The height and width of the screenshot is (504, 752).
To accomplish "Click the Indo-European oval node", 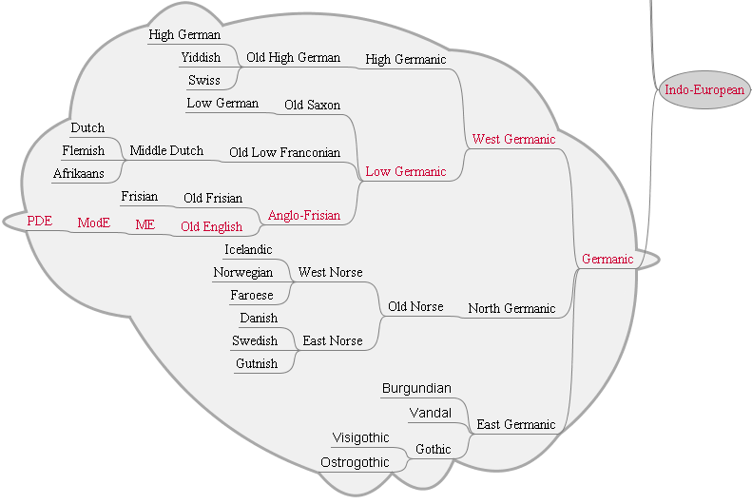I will coord(704,90).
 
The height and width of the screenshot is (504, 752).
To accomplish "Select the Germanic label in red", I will coord(607,260).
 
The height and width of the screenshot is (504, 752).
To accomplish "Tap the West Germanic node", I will coord(513,140).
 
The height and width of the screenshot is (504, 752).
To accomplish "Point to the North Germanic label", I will coord(511,309).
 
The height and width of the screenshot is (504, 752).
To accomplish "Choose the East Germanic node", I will coord(516,425).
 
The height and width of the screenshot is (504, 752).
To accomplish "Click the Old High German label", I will coord(293,58).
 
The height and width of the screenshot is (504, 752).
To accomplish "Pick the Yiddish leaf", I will coord(201,58).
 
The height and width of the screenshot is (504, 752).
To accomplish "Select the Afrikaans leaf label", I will coord(79,174).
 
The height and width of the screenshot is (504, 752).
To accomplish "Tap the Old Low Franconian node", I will coord(284,153).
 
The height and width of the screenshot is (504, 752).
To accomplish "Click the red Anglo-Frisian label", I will coord(304,216).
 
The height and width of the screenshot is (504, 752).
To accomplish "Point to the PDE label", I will coord(39,222).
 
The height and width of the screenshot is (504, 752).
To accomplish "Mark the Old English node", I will coord(211,227).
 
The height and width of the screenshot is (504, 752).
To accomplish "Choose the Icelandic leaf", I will coord(248,250).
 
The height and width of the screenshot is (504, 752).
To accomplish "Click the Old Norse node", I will coord(415,307).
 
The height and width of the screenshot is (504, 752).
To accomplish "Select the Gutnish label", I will coord(257,364).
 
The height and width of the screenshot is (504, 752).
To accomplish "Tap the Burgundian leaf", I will coord(416,389).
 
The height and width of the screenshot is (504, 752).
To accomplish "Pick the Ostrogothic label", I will coord(355,463).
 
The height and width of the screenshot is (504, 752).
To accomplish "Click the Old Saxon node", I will coord(312,106).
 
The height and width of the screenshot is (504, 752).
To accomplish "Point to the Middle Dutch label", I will coord(166,151).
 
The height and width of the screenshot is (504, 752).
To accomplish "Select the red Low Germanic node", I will coord(406,172).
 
